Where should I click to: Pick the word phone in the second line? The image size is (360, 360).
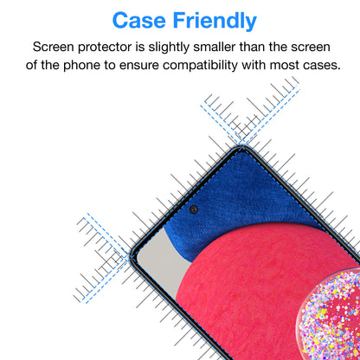point(85,64)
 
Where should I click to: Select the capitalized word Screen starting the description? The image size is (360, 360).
point(55,47)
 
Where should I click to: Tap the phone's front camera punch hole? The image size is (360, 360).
point(193,209)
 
